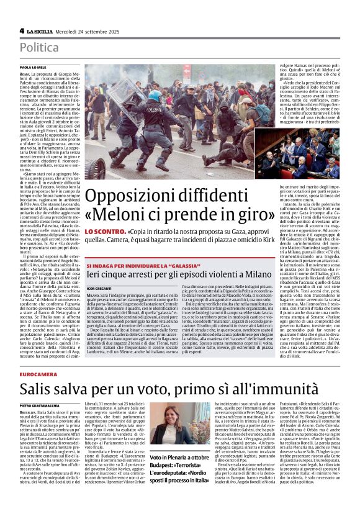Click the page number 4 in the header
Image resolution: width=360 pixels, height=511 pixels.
pos(22,30)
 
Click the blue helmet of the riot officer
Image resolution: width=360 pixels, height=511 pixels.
pos(153,96)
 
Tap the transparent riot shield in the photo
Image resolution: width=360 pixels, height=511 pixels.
pos(130,99)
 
